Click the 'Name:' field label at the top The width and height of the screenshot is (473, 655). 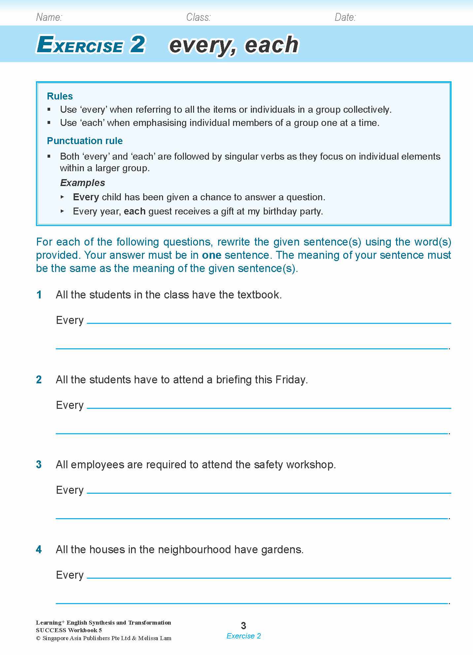49,17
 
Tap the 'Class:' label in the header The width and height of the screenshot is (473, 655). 198,17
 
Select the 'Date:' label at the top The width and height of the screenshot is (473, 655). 345,17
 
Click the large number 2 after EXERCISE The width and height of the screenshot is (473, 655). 137,45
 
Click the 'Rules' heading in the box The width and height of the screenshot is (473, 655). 60,96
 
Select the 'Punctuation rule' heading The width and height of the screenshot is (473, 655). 85,141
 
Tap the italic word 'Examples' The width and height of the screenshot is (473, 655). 83,183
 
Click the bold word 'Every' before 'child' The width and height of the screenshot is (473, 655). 86,197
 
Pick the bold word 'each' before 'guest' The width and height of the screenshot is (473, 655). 135,211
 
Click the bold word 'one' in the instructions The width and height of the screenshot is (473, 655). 212,255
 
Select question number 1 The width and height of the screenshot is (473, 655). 39,295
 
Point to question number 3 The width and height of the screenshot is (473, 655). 39,465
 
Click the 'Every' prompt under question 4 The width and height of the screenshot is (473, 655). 70,575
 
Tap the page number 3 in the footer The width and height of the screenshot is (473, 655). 244,625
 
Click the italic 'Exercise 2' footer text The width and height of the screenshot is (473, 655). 244,636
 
